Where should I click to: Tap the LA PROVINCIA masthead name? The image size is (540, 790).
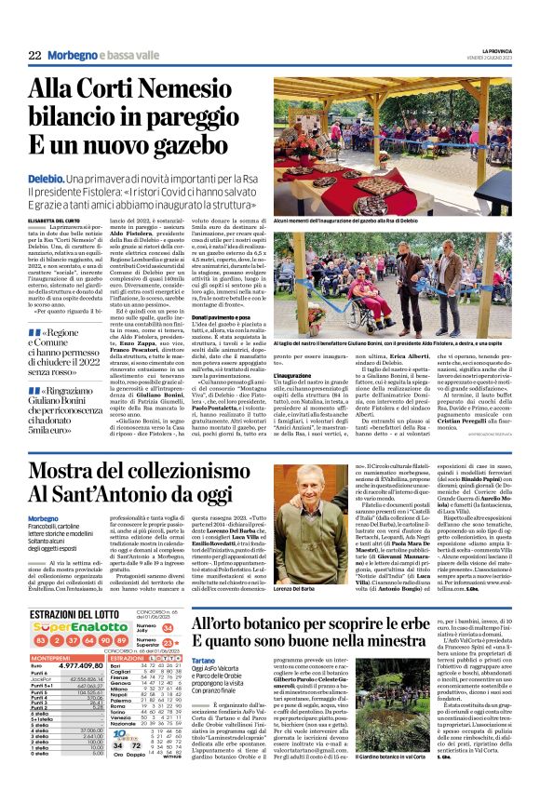point(496,50)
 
